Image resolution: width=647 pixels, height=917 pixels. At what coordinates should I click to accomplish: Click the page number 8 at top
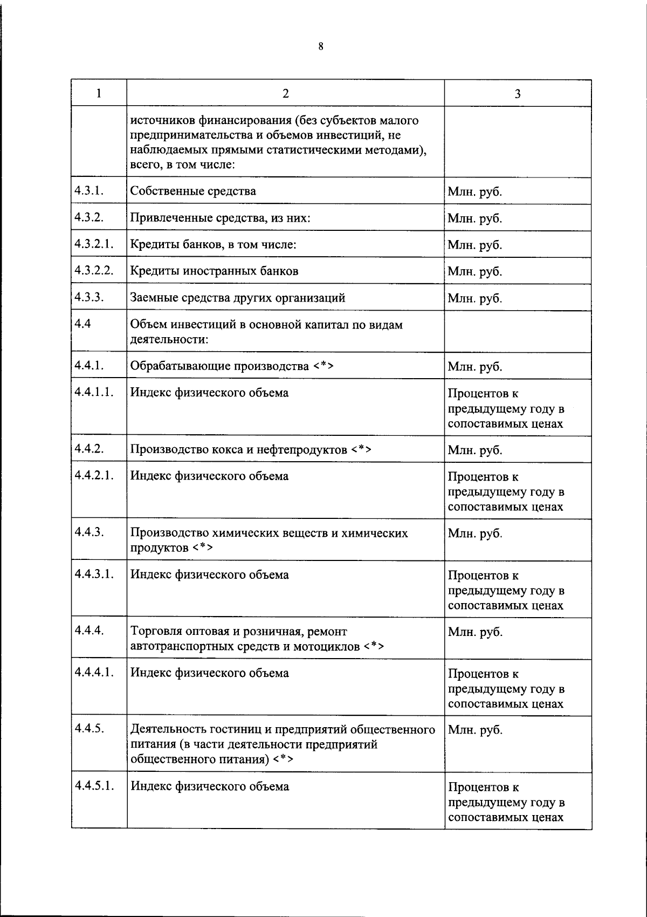(x=321, y=46)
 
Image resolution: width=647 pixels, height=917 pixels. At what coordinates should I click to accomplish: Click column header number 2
(x=285, y=93)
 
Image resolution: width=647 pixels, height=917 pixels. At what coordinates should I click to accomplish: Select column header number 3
(x=518, y=93)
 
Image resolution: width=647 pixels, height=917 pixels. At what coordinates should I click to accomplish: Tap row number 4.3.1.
(x=90, y=190)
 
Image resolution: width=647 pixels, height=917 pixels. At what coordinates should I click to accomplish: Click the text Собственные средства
(x=193, y=191)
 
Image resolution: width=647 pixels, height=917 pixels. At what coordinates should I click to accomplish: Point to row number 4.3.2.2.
(x=94, y=270)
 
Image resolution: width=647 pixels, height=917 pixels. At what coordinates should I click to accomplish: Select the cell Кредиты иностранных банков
(x=214, y=271)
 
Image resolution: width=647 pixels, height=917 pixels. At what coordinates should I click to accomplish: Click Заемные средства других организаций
(x=238, y=298)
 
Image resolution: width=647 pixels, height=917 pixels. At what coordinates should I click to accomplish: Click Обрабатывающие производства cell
(x=232, y=367)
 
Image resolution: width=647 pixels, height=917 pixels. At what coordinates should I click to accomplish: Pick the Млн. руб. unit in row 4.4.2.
(x=474, y=450)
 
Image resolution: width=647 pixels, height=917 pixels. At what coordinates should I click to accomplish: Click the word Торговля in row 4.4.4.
(x=155, y=631)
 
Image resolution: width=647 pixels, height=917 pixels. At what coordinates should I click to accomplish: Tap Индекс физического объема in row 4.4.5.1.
(x=209, y=786)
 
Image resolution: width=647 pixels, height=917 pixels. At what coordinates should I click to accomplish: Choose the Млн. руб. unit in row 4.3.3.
(x=474, y=298)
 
